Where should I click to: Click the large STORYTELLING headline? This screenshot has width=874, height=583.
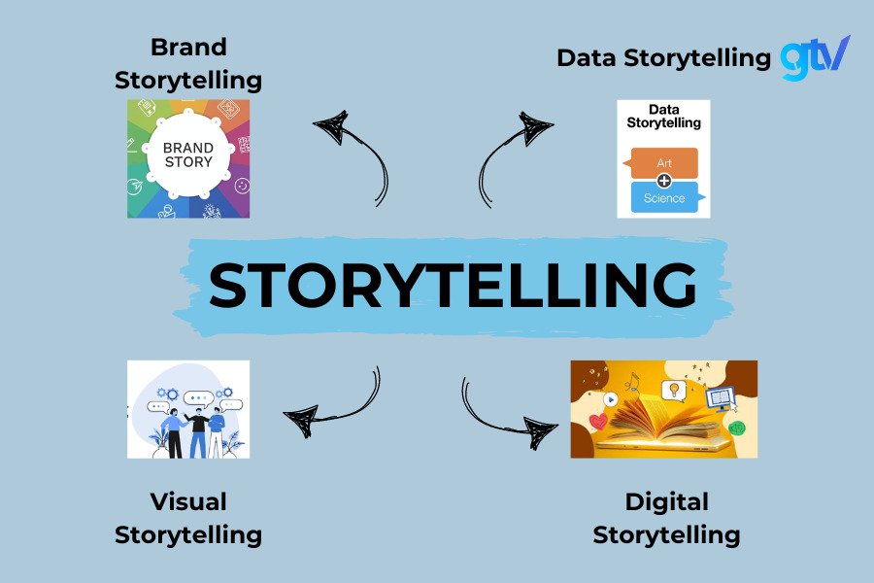[x=453, y=284]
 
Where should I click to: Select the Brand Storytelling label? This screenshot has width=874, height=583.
[x=188, y=62]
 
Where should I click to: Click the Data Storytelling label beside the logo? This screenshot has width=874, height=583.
[x=663, y=57]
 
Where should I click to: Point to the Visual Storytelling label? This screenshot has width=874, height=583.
[x=188, y=518]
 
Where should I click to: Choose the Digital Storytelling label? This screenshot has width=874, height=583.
[x=666, y=518]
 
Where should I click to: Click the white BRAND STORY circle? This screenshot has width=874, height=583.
[x=188, y=155]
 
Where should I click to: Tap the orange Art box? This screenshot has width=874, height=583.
[x=664, y=163]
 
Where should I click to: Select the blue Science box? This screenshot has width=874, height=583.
[x=664, y=197]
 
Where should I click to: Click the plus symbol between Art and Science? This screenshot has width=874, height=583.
[x=664, y=181]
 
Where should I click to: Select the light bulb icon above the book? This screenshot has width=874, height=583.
[x=671, y=391]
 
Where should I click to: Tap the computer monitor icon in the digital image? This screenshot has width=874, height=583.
[x=721, y=397]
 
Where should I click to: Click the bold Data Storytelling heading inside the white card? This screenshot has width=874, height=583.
[x=663, y=117]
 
